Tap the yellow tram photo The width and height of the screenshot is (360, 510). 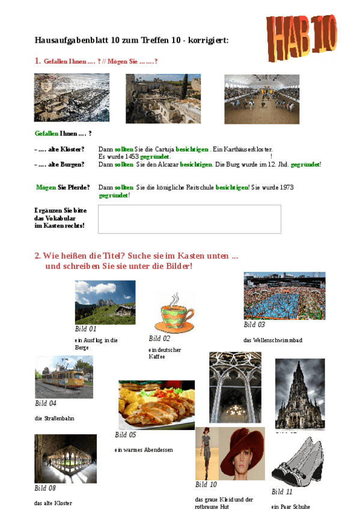coord(64,377)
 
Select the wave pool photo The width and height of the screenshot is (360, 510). coord(284,296)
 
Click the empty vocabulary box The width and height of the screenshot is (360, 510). coord(189,219)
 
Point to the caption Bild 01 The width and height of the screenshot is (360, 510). coord(85,329)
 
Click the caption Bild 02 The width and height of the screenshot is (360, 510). coord(160,339)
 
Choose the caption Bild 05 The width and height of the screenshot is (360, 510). coord(126,435)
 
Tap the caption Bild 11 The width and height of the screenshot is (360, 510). coord(282,492)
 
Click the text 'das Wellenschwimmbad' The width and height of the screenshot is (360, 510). coord(273,340)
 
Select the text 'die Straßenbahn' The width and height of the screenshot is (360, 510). coord(54,418)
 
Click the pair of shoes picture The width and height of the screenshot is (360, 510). coord(299,461)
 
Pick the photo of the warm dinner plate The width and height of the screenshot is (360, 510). coord(156,404)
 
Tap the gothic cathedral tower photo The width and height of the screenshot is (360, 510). coord(299,393)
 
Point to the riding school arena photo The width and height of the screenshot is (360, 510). coord(261,91)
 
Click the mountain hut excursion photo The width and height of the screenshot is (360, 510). coord(105,302)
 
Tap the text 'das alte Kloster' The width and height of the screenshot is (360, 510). coord(53,503)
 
